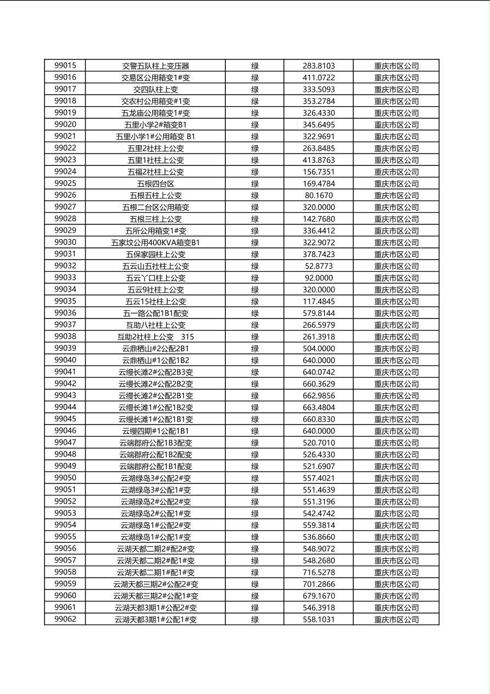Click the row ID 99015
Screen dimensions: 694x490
tap(65, 65)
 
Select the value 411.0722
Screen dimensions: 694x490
tap(319, 78)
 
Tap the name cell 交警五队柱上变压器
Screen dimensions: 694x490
tap(155, 66)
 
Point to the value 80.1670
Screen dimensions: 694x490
tap(319, 195)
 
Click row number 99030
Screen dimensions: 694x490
tap(65, 242)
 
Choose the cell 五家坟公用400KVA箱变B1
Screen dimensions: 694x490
tap(155, 243)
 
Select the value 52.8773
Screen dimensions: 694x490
tap(319, 266)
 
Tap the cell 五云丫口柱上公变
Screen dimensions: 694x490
tap(155, 278)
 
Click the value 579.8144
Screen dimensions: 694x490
tap(319, 313)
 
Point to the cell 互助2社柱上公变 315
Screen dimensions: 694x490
tap(155, 337)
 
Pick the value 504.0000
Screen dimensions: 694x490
tap(319, 349)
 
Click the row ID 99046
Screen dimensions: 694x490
tap(65, 431)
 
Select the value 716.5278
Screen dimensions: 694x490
tap(319, 572)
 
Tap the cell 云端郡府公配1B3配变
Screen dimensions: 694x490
tap(155, 443)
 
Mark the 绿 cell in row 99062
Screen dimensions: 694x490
tap(255, 619)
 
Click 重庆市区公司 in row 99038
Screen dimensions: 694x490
tap(396, 337)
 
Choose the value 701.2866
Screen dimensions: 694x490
tap(319, 584)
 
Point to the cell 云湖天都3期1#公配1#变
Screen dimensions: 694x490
tap(155, 619)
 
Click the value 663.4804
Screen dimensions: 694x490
tap(319, 407)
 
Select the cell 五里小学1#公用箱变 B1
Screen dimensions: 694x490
tap(155, 136)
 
